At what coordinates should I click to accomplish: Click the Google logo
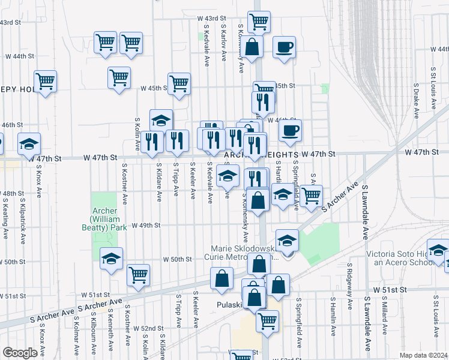tap(20, 353)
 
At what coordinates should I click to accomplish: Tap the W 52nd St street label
tap(149, 328)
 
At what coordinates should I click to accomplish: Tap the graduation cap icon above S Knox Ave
tap(29, 143)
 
